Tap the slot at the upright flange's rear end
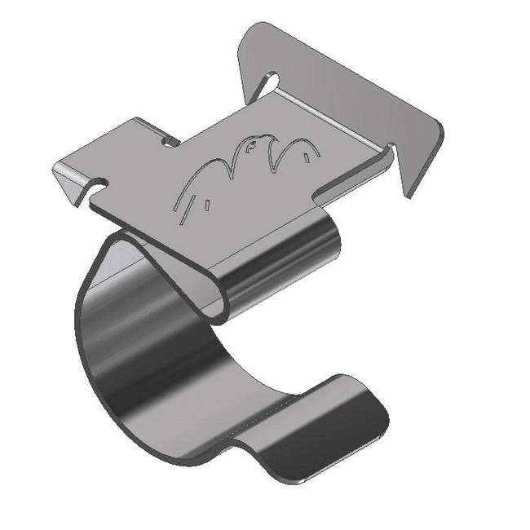pyautogui.click(x=268, y=82)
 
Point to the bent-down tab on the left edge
pyautogui.click(x=68, y=180)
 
